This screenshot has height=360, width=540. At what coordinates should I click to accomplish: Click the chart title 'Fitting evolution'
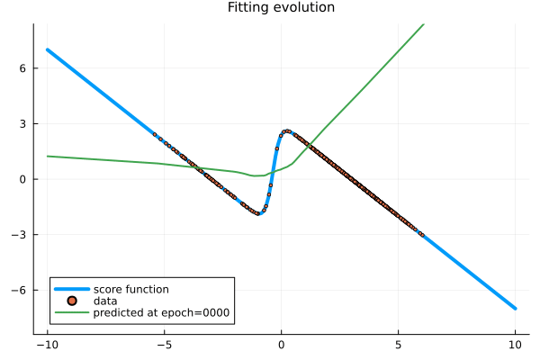point(281,8)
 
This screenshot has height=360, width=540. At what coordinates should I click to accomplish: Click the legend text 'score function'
point(130,289)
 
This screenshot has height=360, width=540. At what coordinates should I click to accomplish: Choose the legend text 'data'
point(105,301)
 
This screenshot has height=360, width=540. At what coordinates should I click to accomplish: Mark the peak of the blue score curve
point(287,130)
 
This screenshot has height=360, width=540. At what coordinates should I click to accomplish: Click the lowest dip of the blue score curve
point(258,213)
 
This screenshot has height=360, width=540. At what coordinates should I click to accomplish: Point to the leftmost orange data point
point(155,134)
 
